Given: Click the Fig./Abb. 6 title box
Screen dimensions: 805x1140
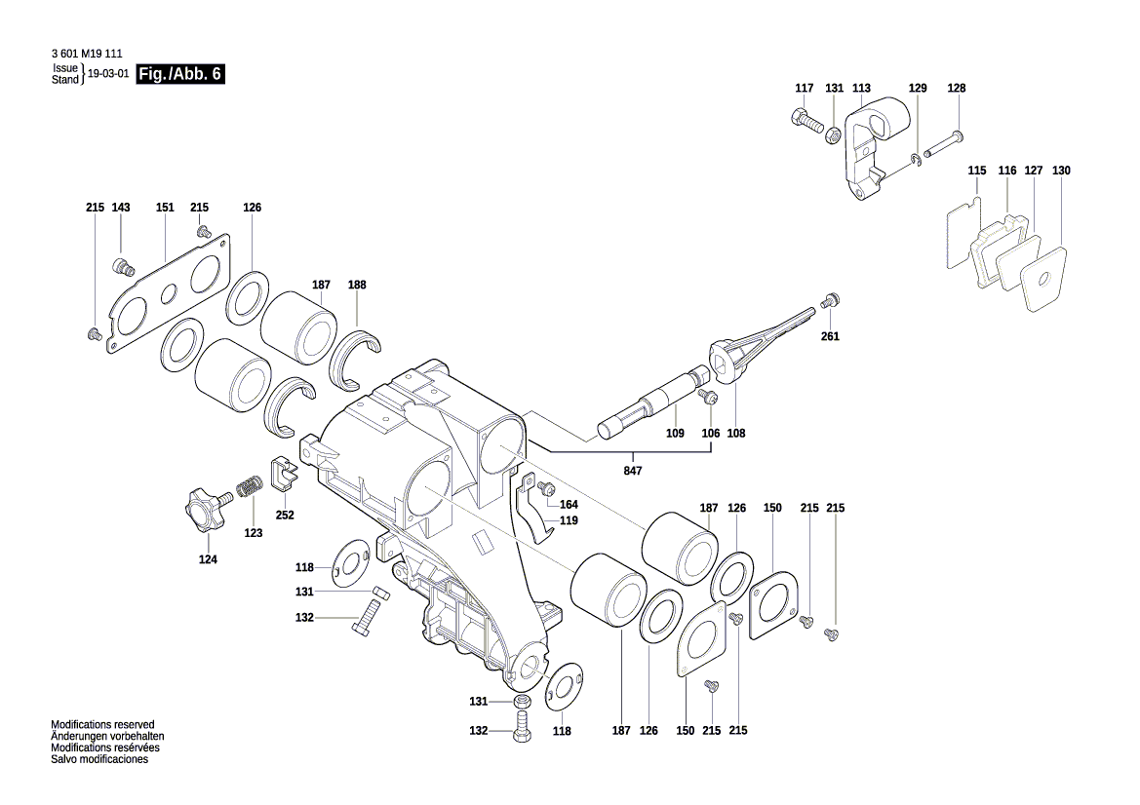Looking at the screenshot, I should click(x=181, y=75).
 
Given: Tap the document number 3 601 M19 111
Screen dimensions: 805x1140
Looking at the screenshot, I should click(x=86, y=55).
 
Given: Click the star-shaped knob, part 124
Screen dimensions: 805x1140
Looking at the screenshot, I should click(x=202, y=510).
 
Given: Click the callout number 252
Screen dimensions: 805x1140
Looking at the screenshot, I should click(x=285, y=515).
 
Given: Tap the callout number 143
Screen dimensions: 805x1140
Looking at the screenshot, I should click(x=121, y=208).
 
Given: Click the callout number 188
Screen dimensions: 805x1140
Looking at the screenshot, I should click(x=357, y=286).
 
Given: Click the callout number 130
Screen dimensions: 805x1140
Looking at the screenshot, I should click(x=1061, y=171).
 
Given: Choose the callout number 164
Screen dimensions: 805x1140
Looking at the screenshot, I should click(x=569, y=505).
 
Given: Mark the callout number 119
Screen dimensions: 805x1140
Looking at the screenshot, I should click(x=569, y=520).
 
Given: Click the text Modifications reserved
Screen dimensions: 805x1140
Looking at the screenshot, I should click(x=102, y=725).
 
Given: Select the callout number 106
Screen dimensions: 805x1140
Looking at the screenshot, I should click(x=711, y=433).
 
